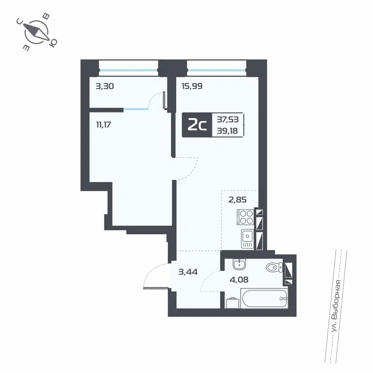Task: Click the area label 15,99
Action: [192, 86]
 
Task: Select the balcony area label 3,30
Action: [105, 86]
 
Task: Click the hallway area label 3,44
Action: [188, 272]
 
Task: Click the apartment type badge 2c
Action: [197, 125]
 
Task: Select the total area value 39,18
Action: [228, 131]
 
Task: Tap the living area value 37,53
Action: [228, 119]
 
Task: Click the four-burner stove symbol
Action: [246, 217]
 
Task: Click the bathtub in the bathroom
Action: [264, 297]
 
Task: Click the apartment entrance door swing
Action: [156, 276]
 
